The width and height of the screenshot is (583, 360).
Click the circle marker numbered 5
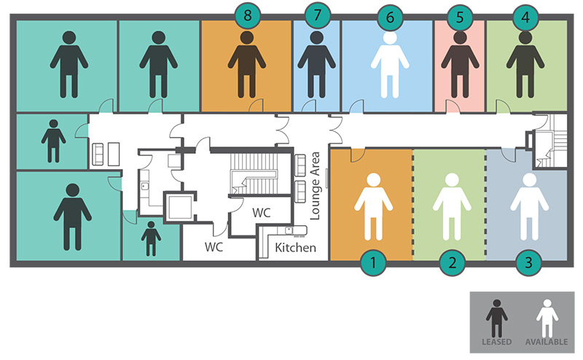[459, 15]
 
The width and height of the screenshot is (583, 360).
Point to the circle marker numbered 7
[316, 15]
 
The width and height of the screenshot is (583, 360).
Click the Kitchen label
[295, 248]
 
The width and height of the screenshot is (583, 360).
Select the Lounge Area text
[316, 186]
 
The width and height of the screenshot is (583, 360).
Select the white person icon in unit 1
[373, 206]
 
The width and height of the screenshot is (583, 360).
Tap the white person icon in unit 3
[529, 206]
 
